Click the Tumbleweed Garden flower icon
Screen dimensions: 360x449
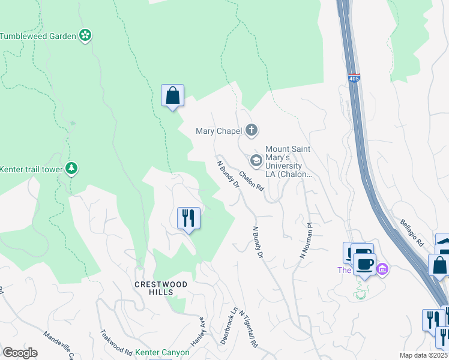pos(86,35)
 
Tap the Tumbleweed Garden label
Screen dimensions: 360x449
pos(38,36)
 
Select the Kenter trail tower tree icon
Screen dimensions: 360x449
pos(72,169)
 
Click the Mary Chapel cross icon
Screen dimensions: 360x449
pos(252,130)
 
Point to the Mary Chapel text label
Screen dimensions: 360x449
pos(218,130)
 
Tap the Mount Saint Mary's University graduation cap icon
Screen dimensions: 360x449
pos(256,160)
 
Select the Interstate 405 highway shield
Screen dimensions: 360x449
pos(354,79)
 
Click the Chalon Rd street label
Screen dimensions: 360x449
pos(252,181)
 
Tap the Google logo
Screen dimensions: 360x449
pos(20,353)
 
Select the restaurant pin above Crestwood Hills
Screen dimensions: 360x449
pos(188,218)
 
